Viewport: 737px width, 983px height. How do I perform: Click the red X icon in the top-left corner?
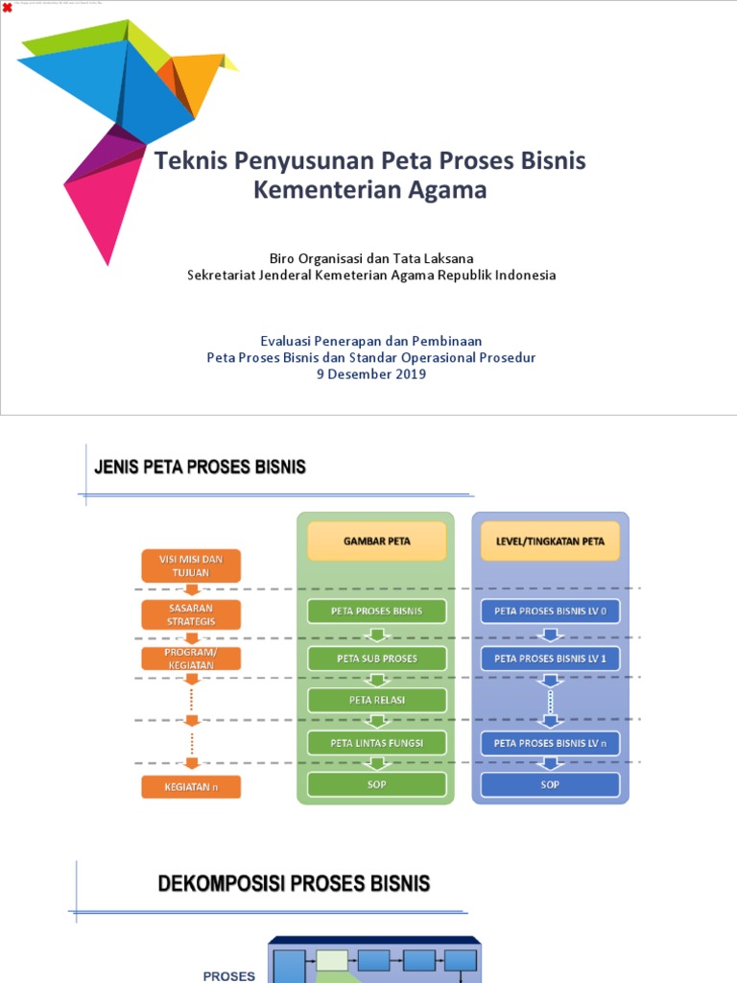[x=8, y=8]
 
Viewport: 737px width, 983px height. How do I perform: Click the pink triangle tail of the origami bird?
[x=101, y=206]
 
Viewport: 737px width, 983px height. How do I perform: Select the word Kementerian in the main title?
[x=313, y=190]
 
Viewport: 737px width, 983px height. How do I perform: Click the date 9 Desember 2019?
[x=370, y=374]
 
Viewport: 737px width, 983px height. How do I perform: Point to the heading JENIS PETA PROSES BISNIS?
[x=200, y=468]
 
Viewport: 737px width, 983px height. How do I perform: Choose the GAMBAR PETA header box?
[x=377, y=541]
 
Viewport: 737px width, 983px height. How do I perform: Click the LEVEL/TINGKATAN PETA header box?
[x=550, y=541]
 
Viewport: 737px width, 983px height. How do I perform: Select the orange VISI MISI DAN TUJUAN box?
[x=190, y=565]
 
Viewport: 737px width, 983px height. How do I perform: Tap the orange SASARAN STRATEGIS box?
[x=190, y=614]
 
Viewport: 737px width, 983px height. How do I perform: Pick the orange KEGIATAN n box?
[x=190, y=787]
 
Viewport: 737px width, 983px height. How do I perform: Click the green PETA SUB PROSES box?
[x=377, y=659]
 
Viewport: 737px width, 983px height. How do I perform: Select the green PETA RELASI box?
[x=377, y=700]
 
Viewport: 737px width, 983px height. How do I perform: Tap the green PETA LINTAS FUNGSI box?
[x=377, y=743]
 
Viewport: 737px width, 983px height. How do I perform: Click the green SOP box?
[x=377, y=785]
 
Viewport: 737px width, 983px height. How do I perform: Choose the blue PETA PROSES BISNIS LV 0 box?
[x=550, y=611]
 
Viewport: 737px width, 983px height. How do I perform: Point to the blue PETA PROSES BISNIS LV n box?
[x=550, y=743]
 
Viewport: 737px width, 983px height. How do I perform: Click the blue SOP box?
[x=550, y=785]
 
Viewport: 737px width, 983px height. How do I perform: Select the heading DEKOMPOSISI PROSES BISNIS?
[x=294, y=884]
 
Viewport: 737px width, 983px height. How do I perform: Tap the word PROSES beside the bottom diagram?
[x=229, y=975]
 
